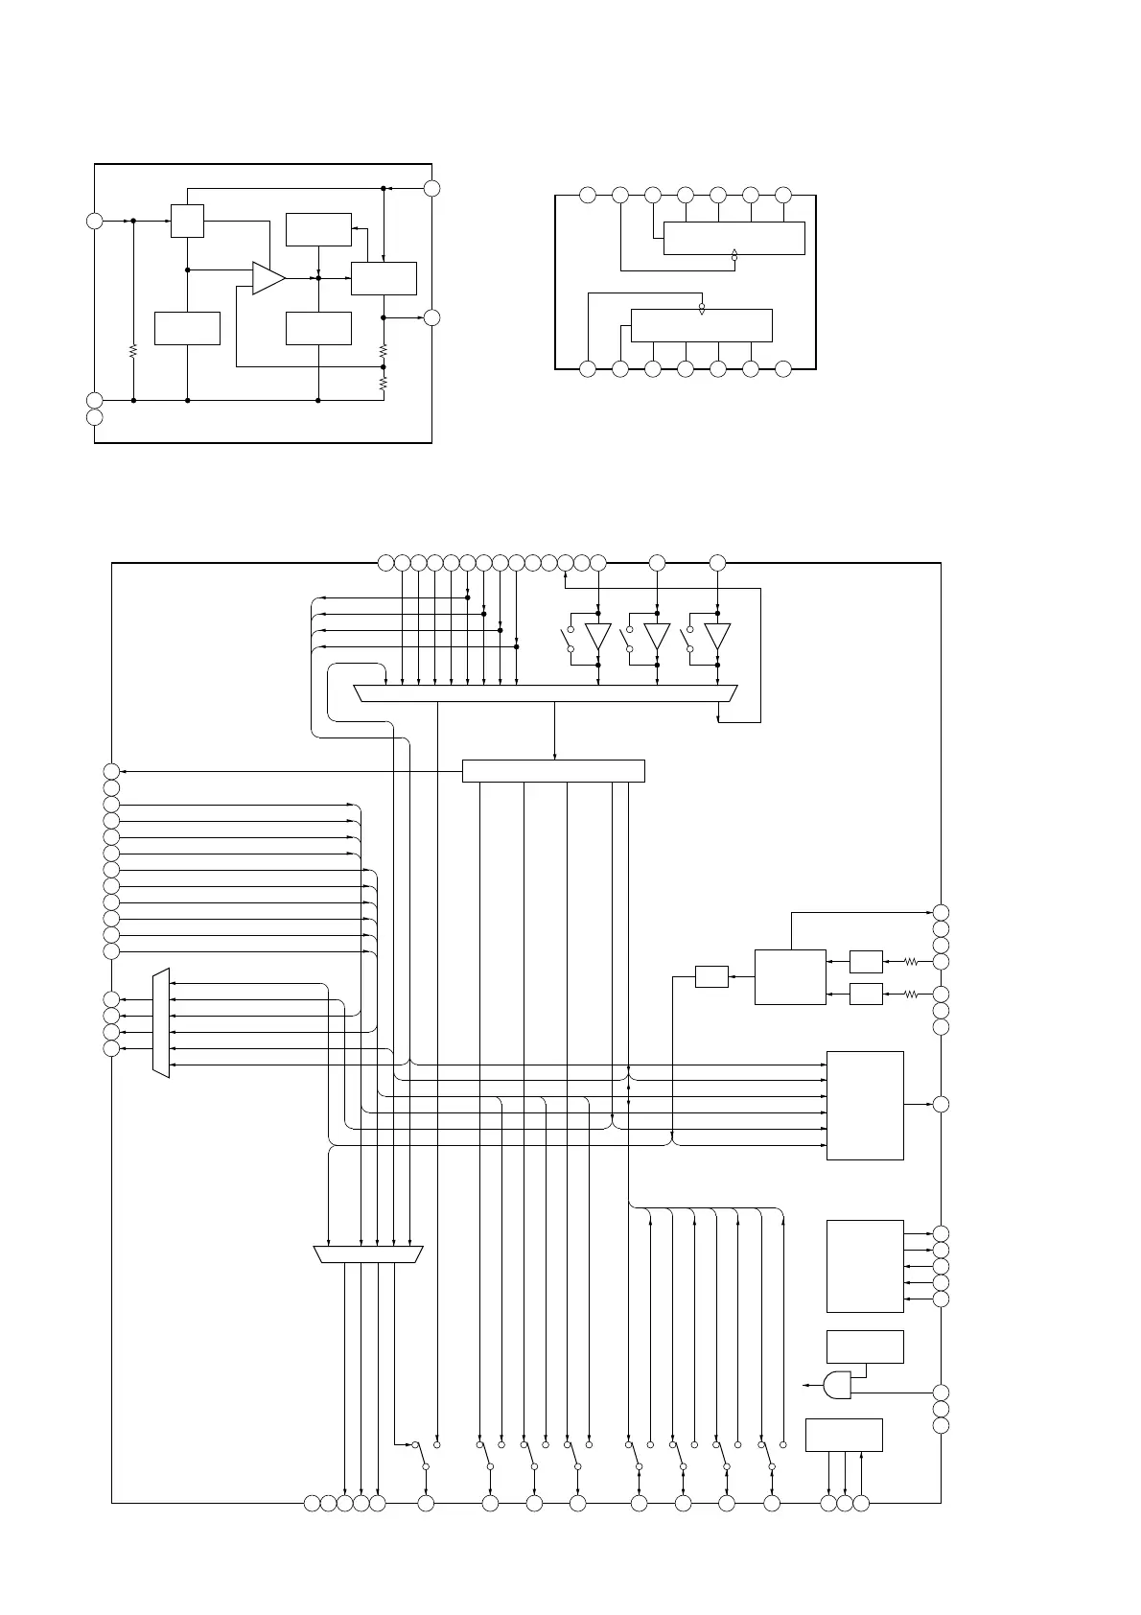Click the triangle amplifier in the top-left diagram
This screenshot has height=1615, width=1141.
[268, 277]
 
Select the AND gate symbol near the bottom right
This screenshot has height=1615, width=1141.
[837, 1384]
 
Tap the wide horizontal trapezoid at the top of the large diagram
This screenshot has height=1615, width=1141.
[546, 693]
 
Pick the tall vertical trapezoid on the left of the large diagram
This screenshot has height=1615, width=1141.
[161, 1022]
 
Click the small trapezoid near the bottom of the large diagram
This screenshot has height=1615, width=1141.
[368, 1254]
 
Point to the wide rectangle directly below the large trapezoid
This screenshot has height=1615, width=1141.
[553, 771]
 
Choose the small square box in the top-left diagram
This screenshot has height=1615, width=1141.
[187, 221]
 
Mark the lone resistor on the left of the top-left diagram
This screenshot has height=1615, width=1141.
[133, 351]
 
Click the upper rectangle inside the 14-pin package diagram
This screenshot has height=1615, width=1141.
[733, 238]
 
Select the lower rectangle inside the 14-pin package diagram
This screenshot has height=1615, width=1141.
[701, 325]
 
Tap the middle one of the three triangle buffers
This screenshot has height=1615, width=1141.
[657, 637]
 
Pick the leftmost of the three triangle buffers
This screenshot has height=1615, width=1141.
[598, 637]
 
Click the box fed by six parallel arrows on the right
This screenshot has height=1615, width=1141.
[865, 1105]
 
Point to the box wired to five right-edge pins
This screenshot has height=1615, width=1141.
[865, 1266]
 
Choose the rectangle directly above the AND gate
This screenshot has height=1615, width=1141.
[865, 1346]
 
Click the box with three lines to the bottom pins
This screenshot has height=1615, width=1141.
[844, 1435]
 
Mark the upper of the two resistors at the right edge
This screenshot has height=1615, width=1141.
[911, 961]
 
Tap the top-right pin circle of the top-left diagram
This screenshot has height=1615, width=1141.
[432, 188]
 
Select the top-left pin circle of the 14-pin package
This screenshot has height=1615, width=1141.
[588, 196]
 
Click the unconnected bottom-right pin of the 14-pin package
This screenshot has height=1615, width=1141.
[783, 369]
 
